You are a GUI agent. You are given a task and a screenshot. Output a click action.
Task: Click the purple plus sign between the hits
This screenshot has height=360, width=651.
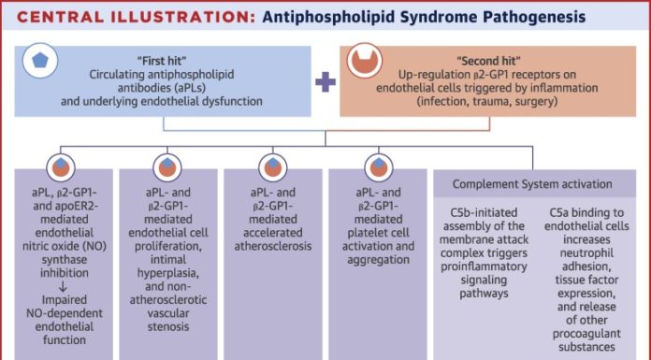[325, 81]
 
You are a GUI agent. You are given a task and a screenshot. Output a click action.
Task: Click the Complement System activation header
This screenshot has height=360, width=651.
[533, 185]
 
